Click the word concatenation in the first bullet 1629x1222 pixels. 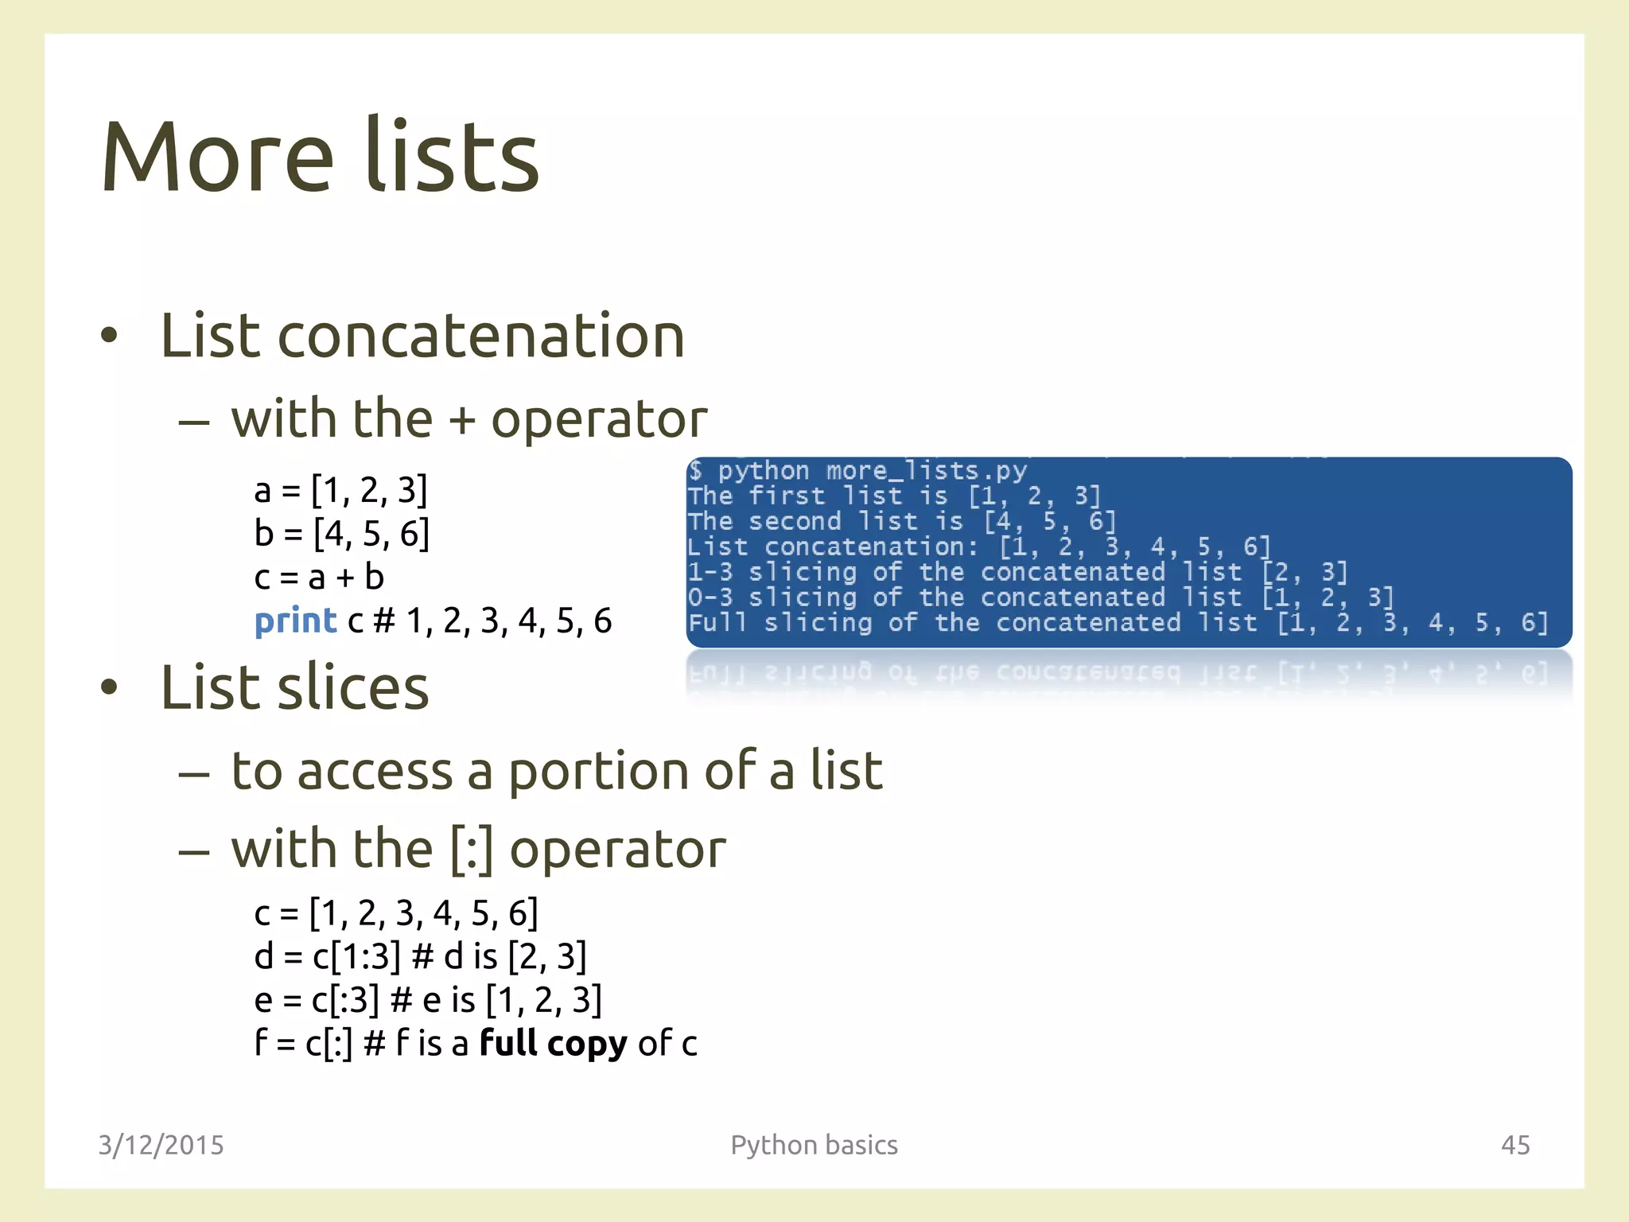(480, 337)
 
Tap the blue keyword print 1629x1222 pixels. (295, 621)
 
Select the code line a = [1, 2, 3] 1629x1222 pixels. (340, 490)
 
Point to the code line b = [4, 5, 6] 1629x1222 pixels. (342, 533)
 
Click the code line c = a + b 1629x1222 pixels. (319, 577)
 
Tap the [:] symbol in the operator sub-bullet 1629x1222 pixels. (472, 850)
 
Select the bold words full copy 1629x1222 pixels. (554, 1043)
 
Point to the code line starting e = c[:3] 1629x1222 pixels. (428, 1000)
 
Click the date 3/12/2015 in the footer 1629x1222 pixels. (161, 1145)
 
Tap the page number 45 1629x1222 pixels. (1514, 1145)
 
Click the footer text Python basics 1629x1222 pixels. (814, 1145)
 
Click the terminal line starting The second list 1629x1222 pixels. (902, 521)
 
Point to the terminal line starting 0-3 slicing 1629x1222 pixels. (1040, 597)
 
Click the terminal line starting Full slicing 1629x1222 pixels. (1118, 622)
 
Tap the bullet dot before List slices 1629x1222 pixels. (109, 688)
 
